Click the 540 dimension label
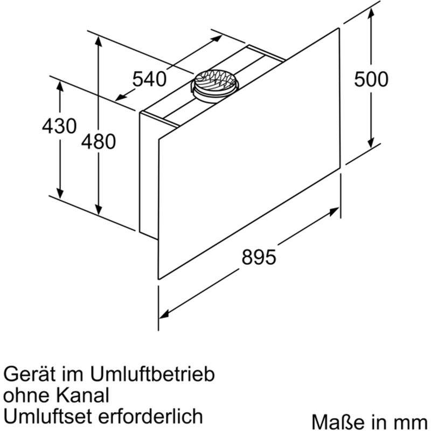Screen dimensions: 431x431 149,79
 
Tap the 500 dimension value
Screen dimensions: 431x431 371,79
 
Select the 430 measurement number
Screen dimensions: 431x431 59,126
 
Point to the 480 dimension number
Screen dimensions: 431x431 99,141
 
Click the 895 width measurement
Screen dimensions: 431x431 259,257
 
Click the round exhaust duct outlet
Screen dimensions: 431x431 214,84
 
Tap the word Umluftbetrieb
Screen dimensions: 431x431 152,374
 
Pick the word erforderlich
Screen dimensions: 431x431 150,416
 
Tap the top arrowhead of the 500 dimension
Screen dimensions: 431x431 371,12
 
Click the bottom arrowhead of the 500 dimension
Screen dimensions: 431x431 371,142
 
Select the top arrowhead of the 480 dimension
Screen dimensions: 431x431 99,41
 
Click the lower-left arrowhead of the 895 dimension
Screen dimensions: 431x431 164,314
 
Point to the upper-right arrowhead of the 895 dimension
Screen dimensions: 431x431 334,211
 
